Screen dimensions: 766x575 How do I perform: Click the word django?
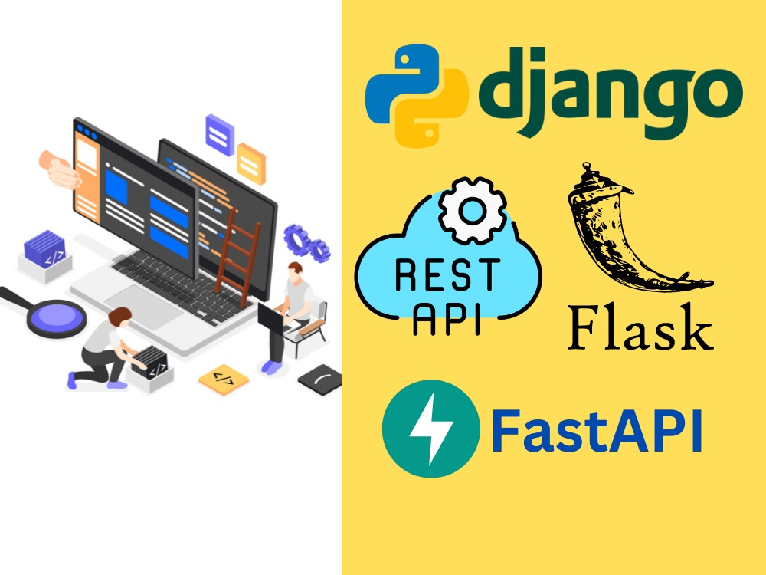tap(610, 92)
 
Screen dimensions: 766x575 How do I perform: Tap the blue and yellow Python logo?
tap(417, 96)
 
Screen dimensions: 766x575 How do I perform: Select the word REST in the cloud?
tap(448, 275)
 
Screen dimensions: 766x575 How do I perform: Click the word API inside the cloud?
tap(447, 319)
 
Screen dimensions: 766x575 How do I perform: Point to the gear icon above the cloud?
tap(472, 211)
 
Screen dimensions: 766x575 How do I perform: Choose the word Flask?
tap(640, 327)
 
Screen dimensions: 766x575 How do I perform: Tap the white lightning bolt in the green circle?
tap(430, 429)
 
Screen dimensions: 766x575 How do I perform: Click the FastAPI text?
tap(597, 431)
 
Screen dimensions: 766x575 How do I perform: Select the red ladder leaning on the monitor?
tap(238, 251)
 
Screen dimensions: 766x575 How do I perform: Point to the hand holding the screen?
tap(60, 169)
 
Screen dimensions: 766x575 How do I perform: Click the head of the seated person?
tap(295, 272)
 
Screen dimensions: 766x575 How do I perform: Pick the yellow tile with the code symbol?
tap(223, 379)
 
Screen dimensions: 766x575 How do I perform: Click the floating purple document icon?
tap(219, 134)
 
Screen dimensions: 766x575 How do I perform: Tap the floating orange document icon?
tap(251, 163)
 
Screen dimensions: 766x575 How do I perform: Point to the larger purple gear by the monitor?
tap(297, 239)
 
